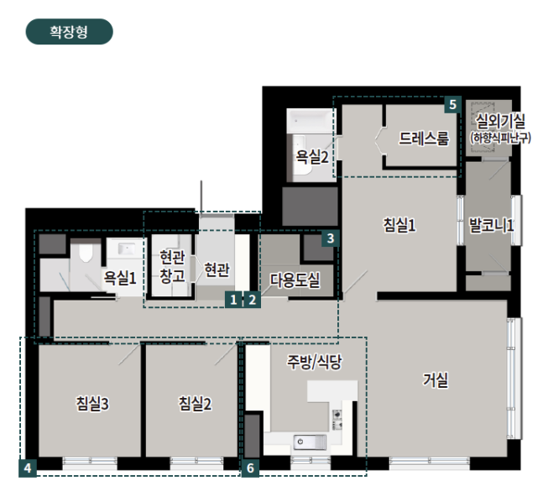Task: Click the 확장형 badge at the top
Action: pyautogui.click(x=70, y=32)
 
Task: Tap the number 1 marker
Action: pyautogui.click(x=233, y=300)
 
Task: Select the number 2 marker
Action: pyautogui.click(x=252, y=300)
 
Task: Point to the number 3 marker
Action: pyautogui.click(x=331, y=238)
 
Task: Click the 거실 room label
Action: pyautogui.click(x=435, y=379)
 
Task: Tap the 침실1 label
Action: pyautogui.click(x=400, y=225)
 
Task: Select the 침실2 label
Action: pyautogui.click(x=195, y=404)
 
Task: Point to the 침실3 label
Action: pyautogui.click(x=92, y=404)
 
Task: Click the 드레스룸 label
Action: pyautogui.click(x=424, y=139)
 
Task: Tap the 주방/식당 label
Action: pyautogui.click(x=314, y=362)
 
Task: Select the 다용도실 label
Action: pyautogui.click(x=295, y=280)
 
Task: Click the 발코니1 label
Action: pyautogui.click(x=491, y=226)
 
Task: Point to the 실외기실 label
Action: pyautogui.click(x=500, y=121)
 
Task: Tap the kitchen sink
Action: pyautogui.click(x=310, y=442)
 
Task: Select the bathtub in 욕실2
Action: pyautogui.click(x=310, y=121)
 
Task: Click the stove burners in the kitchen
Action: pyautogui.click(x=337, y=420)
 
